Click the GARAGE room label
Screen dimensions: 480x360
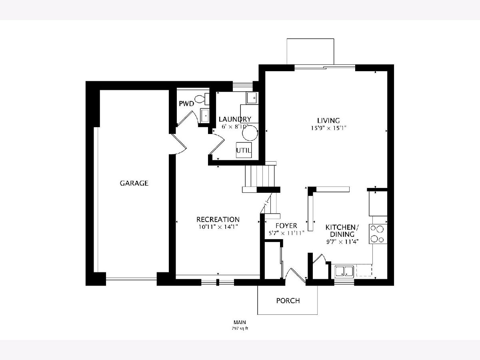click(134, 183)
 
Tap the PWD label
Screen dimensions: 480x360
click(186, 104)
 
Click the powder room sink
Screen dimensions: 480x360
click(205, 116)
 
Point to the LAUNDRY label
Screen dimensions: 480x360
click(235, 119)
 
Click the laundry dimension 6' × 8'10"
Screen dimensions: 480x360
click(235, 126)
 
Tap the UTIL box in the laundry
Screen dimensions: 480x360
click(244, 150)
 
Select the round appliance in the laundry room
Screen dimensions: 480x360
click(250, 133)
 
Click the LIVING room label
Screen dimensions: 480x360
click(329, 121)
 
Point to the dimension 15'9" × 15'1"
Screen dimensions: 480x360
click(329, 128)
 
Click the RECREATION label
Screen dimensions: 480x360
click(218, 220)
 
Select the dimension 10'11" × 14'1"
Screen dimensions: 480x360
click(218, 227)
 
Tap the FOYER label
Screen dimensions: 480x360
click(286, 226)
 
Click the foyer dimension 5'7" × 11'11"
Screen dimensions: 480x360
click(287, 233)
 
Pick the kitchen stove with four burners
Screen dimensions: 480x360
click(378, 234)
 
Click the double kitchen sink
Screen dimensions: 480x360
click(344, 272)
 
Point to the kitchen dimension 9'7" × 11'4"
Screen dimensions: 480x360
click(342, 242)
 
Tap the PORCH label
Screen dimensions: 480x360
click(288, 301)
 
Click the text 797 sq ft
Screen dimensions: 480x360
click(240, 328)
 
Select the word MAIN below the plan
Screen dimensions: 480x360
click(240, 322)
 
